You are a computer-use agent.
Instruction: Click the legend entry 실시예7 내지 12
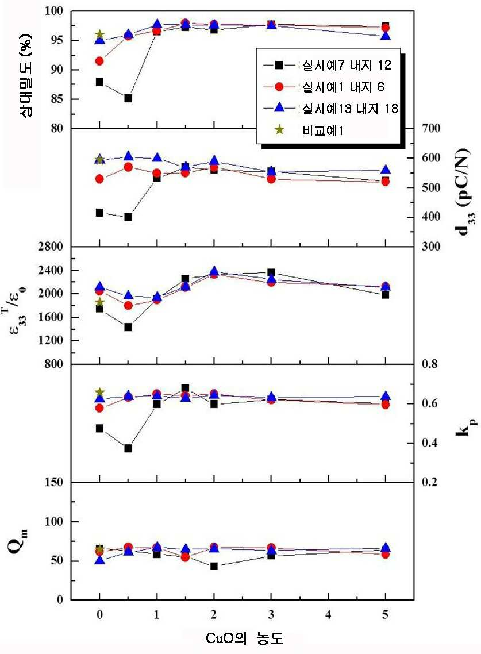(328, 65)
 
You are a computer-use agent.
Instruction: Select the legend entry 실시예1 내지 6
(324, 87)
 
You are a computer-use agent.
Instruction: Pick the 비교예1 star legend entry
(309, 130)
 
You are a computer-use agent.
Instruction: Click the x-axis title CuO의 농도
(244, 638)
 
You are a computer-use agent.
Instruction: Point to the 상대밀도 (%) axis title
(26, 75)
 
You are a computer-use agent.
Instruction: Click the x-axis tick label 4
(328, 614)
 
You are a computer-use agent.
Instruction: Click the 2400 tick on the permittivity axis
(51, 270)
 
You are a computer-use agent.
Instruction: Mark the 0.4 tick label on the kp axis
(429, 443)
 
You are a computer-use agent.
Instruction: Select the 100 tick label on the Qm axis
(53, 521)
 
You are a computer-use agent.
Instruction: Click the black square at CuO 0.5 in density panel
(128, 98)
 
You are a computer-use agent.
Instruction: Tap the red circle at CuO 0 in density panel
(99, 61)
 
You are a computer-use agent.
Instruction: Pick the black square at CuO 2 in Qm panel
(214, 567)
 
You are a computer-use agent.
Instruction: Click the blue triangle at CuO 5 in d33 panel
(386, 170)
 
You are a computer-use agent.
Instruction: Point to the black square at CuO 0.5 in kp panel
(128, 448)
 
